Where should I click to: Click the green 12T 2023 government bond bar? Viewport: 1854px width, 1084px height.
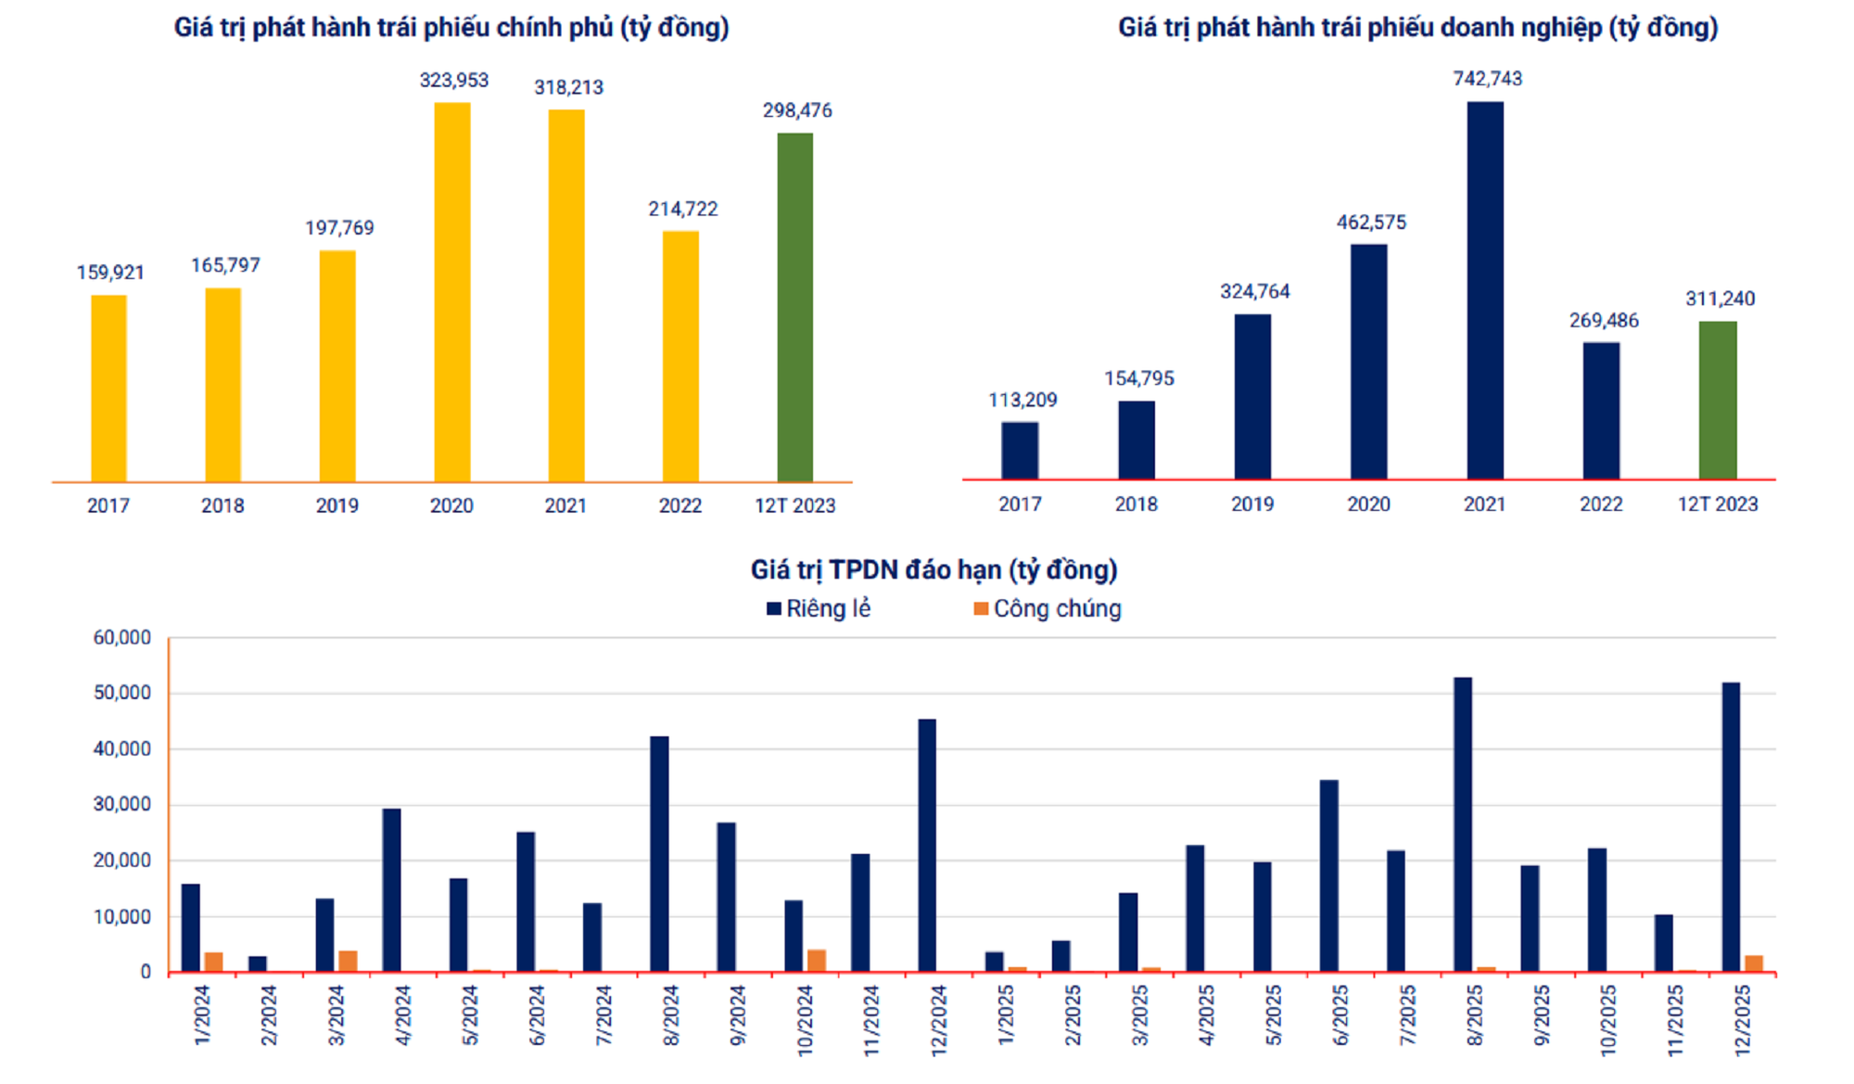(x=794, y=307)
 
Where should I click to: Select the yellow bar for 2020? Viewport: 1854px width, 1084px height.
(x=452, y=292)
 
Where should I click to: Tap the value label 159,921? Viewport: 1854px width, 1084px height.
(x=110, y=273)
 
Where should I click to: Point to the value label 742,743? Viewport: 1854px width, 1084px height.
(x=1487, y=79)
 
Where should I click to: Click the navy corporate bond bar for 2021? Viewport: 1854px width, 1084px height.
(x=1485, y=290)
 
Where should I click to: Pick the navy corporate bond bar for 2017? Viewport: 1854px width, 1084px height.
(x=1020, y=451)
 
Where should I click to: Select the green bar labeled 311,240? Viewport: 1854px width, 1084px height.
(x=1718, y=401)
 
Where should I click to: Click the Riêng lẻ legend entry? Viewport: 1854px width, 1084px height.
(x=819, y=609)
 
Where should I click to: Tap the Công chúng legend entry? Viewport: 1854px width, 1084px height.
(x=1048, y=609)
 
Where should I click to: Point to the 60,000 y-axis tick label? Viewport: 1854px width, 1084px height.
(x=121, y=638)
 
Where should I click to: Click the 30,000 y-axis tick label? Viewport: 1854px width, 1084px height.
(x=121, y=805)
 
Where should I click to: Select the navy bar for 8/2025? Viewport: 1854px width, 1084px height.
(x=1463, y=824)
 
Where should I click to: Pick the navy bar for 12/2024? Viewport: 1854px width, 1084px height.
(x=927, y=845)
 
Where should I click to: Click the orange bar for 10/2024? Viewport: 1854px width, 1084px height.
(x=817, y=961)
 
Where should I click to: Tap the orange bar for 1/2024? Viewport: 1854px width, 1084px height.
(x=214, y=963)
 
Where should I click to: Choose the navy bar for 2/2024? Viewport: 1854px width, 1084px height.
(x=258, y=964)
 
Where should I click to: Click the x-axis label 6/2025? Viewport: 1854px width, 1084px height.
(x=1341, y=1015)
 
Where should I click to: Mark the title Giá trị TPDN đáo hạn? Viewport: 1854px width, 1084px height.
(x=933, y=569)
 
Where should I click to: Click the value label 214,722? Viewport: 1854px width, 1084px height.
(x=682, y=210)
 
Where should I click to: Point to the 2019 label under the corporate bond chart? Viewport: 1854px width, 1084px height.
(x=1252, y=504)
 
